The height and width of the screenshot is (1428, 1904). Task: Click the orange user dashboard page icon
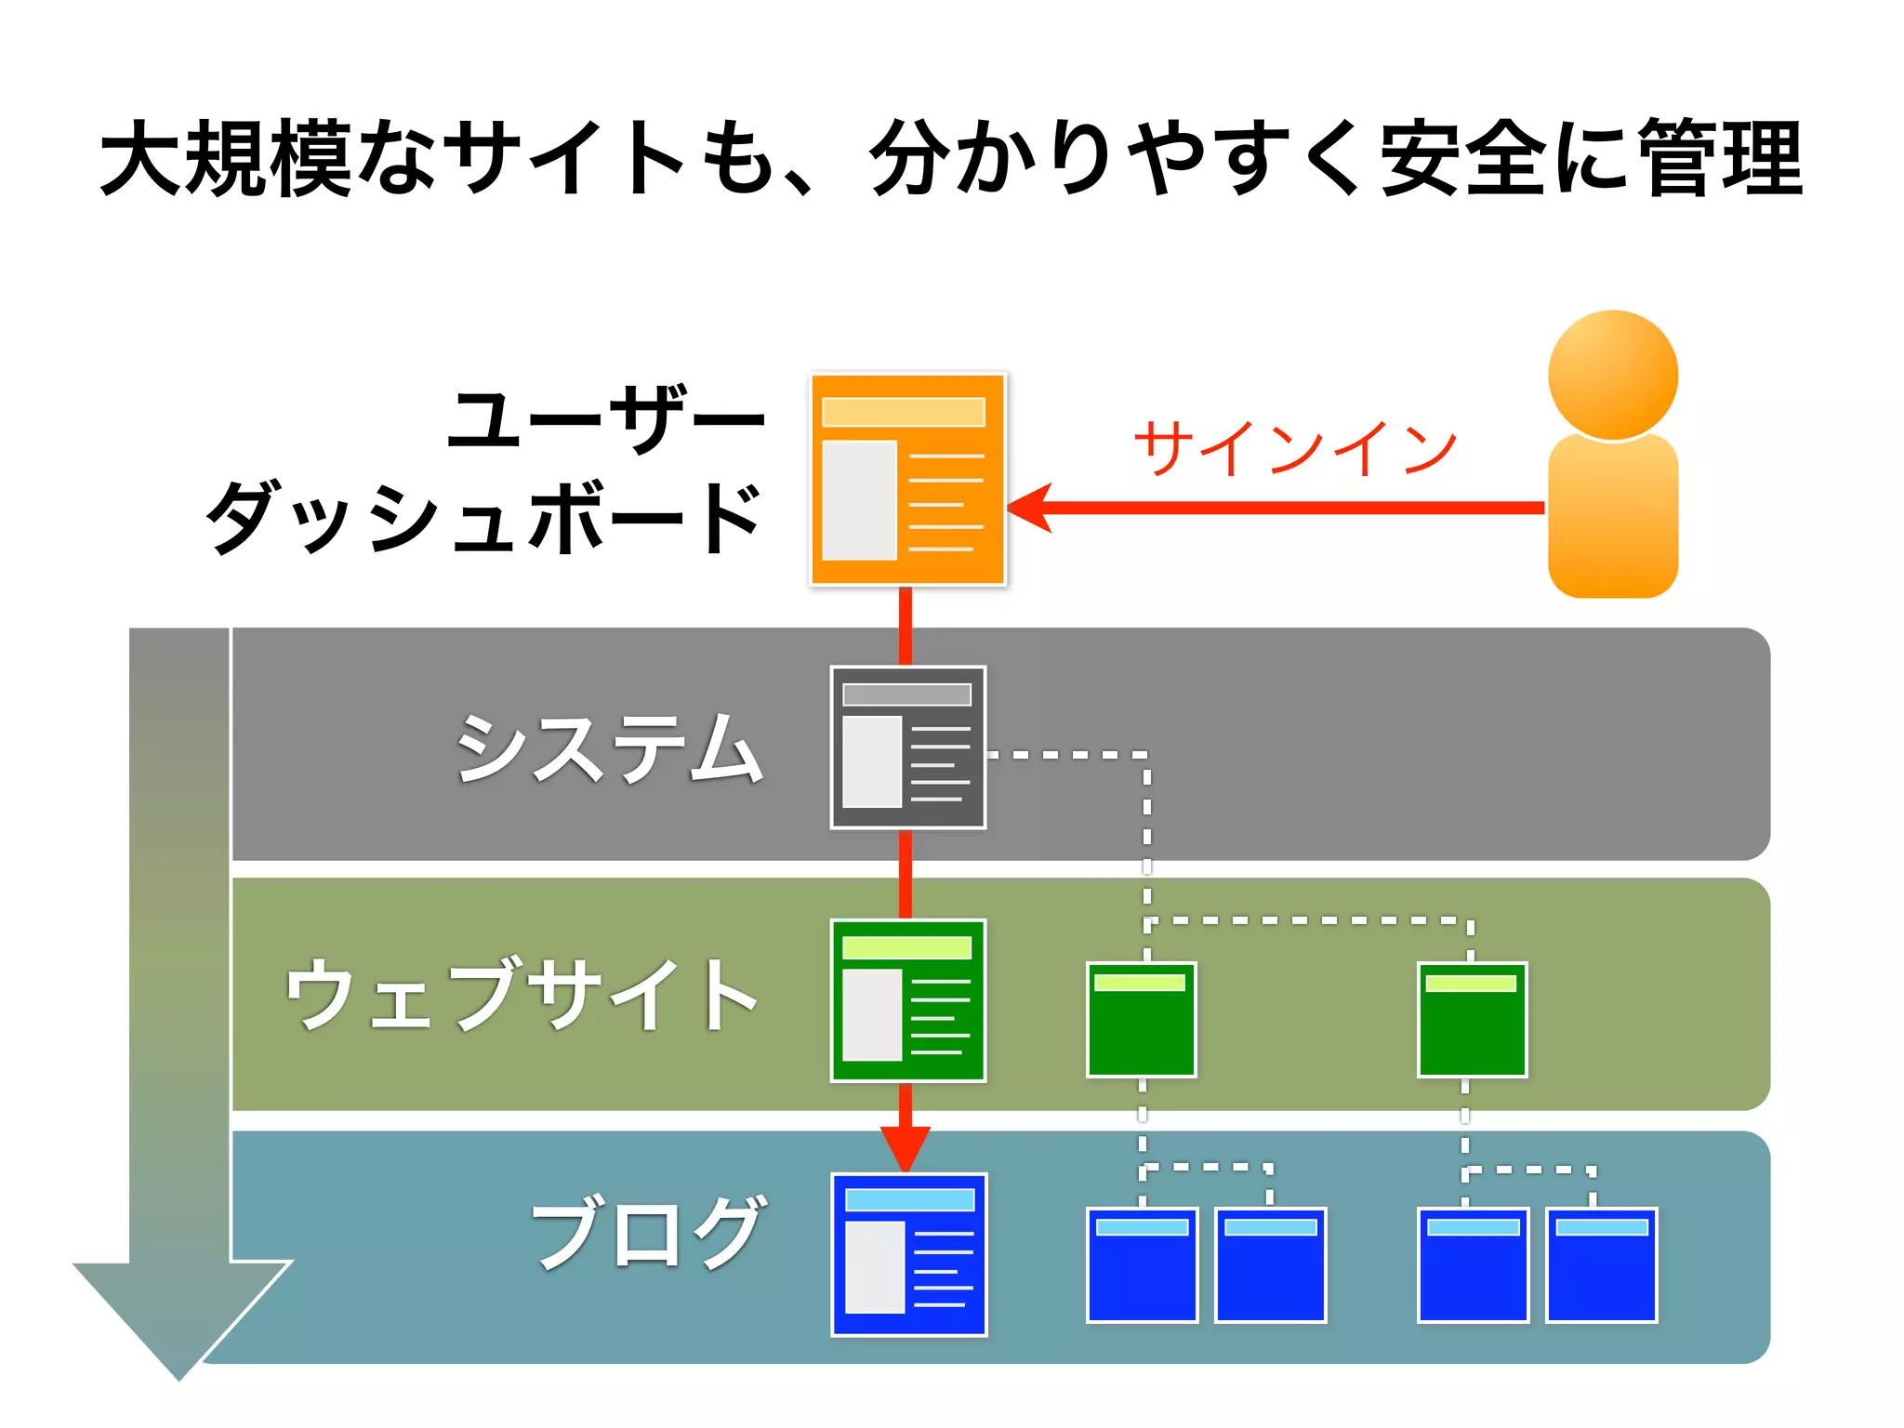pyautogui.click(x=907, y=479)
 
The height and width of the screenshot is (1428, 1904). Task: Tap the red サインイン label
pyautogui.click(x=1294, y=449)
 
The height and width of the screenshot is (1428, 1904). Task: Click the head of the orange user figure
pyautogui.click(x=1612, y=375)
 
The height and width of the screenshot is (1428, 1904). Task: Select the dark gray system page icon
pyautogui.click(x=907, y=747)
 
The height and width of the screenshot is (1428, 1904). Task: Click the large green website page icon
pyautogui.click(x=907, y=1000)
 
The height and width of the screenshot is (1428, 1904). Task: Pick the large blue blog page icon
pyautogui.click(x=908, y=1254)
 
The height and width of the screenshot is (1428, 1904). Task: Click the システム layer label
pyautogui.click(x=609, y=748)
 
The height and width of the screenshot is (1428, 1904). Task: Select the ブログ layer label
pyautogui.click(x=648, y=1233)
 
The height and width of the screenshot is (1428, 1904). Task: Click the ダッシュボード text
pyautogui.click(x=483, y=517)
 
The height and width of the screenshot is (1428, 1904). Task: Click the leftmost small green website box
pyautogui.click(x=1141, y=1019)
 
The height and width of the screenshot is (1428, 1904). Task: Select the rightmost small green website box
pyautogui.click(x=1472, y=1019)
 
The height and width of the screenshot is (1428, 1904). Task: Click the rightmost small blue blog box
pyautogui.click(x=1601, y=1264)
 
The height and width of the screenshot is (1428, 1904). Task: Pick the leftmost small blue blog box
pyautogui.click(x=1142, y=1264)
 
